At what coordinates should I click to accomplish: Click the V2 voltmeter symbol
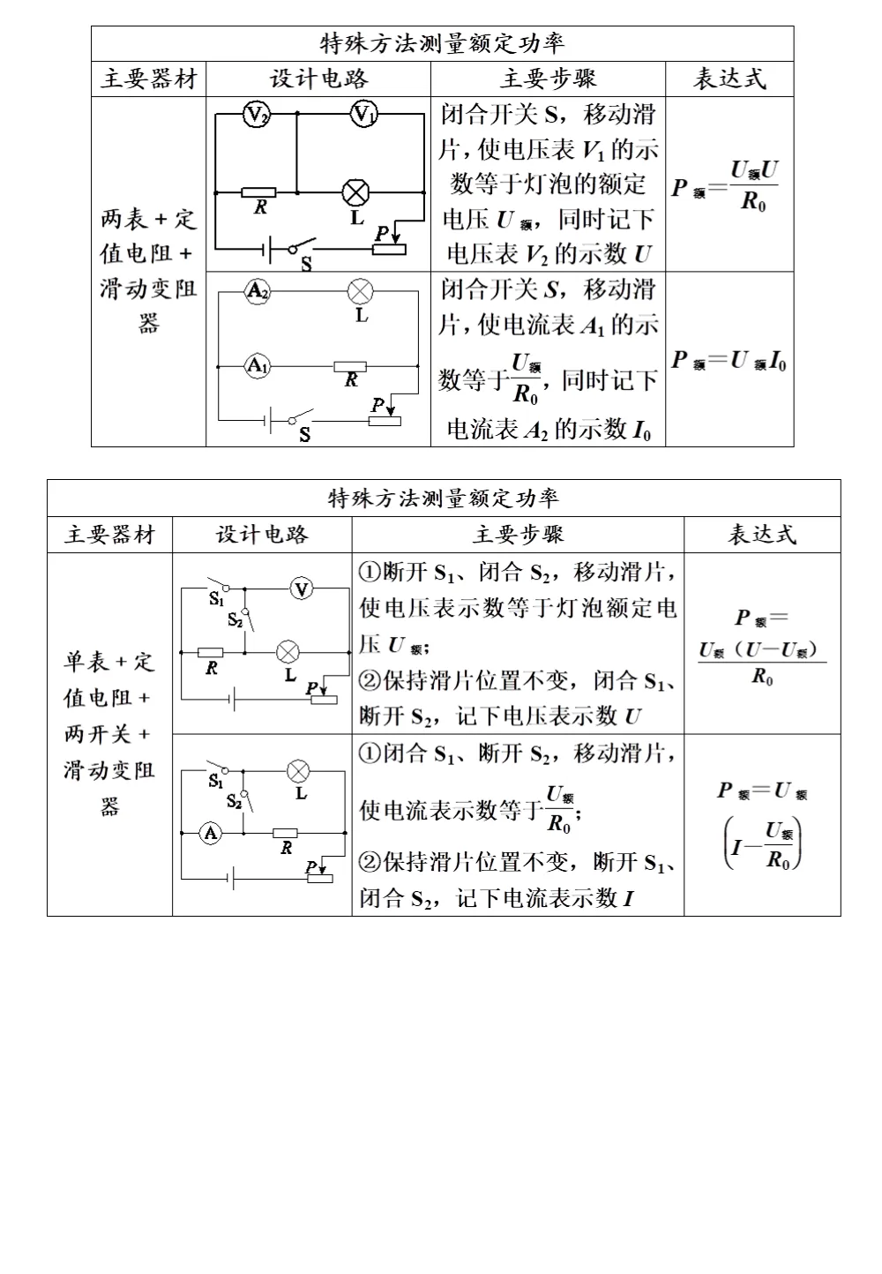[x=256, y=115]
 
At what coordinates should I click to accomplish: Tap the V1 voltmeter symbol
[x=364, y=115]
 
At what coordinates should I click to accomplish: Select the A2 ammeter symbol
[x=257, y=292]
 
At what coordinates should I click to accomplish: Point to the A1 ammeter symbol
[x=256, y=364]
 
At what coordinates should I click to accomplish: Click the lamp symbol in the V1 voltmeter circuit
[x=356, y=191]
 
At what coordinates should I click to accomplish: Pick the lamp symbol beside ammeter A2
[x=360, y=291]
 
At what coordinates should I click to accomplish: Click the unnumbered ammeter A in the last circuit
[x=211, y=832]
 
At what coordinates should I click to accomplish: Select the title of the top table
[x=442, y=43]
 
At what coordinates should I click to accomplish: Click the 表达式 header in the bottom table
[x=761, y=535]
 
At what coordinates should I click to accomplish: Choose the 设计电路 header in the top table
[x=318, y=79]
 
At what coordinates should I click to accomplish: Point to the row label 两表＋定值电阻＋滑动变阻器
[x=148, y=271]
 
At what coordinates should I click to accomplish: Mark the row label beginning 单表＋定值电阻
[x=109, y=734]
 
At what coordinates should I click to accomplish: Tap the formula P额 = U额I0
[x=729, y=360]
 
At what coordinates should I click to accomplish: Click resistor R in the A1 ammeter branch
[x=351, y=365]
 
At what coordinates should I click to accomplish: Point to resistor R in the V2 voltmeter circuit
[x=258, y=191]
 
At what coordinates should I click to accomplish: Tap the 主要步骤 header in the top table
[x=548, y=79]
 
